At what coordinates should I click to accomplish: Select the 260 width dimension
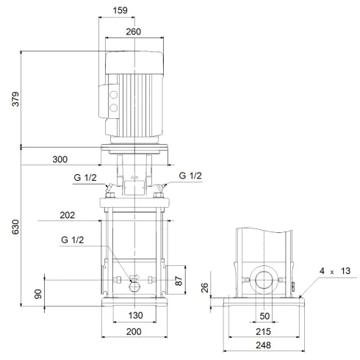coord(133,32)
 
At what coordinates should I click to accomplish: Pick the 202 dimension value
coord(67,216)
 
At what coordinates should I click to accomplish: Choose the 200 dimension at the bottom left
coord(133,333)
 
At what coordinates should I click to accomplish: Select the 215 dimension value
coord(264,331)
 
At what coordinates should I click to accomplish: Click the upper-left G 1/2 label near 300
coord(84,176)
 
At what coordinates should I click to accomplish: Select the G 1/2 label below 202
coord(73,240)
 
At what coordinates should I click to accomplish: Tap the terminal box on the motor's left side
coord(114,101)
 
